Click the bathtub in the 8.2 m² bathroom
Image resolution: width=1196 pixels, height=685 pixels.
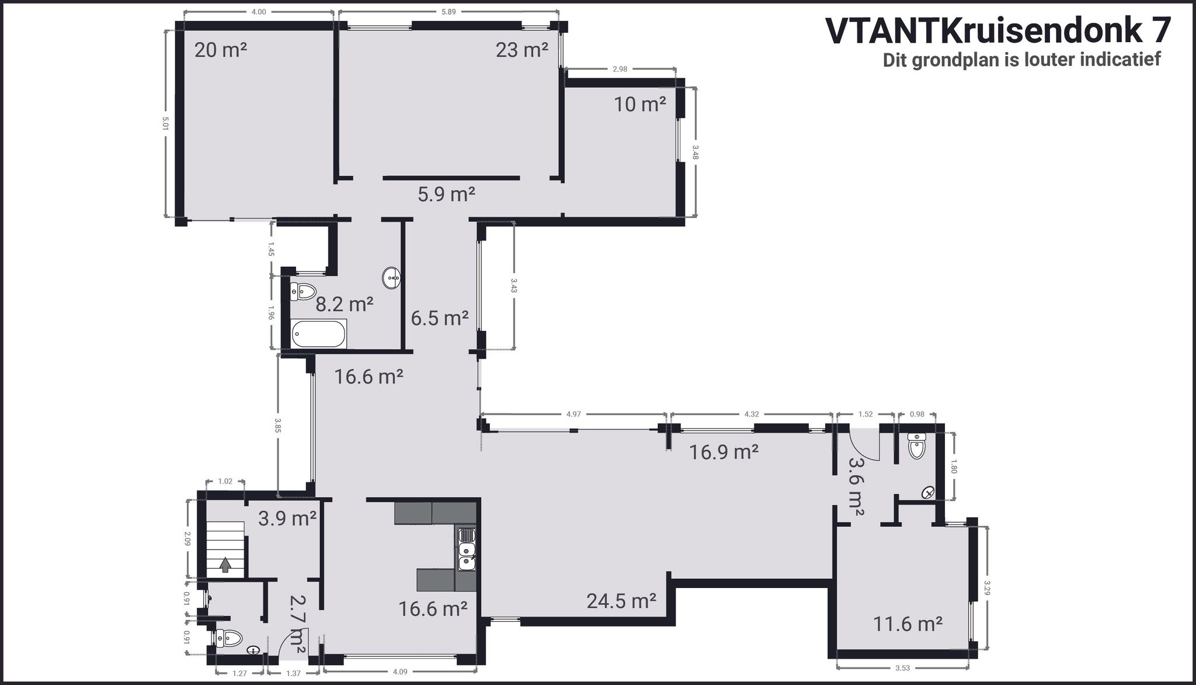(319, 333)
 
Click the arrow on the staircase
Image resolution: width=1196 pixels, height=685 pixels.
(225, 565)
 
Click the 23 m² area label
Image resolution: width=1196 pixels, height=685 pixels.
(522, 50)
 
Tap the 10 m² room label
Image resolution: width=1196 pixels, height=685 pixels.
(640, 105)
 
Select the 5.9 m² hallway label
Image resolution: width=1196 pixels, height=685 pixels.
(446, 194)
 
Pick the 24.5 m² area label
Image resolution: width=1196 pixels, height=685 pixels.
(621, 600)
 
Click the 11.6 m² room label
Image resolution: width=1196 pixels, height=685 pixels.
(908, 624)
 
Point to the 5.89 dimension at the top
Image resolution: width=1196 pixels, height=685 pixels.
(448, 12)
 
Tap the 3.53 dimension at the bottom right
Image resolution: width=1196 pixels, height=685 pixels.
(902, 667)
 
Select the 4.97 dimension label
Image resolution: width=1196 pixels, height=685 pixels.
(573, 414)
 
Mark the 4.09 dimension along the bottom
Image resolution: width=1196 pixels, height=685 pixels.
(399, 672)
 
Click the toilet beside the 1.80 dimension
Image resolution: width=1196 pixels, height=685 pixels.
(917, 447)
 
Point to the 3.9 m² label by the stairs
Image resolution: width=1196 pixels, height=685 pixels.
(287, 518)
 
